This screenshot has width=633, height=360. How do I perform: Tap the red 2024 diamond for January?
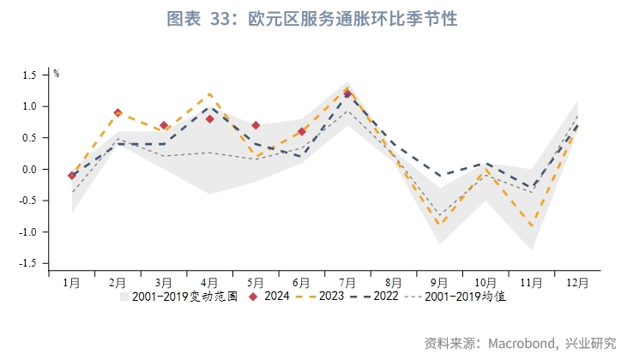72,175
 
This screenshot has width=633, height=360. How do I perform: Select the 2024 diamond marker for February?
118,112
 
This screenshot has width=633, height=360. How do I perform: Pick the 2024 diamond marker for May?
256,125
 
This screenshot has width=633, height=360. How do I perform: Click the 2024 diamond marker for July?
347,94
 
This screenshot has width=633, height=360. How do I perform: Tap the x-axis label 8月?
394,282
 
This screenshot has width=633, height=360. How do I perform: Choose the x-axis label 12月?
577,282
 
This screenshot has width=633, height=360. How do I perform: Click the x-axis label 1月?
72,282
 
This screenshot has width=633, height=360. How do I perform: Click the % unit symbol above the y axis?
57,74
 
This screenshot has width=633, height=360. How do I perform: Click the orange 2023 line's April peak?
210,94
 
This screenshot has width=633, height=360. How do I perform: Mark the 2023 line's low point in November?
532,225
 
